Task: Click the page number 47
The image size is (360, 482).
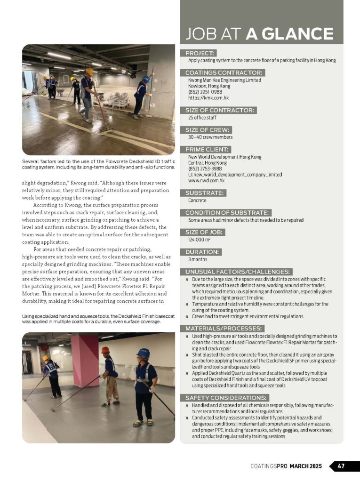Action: point(341,466)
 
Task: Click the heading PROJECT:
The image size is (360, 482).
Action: point(200,53)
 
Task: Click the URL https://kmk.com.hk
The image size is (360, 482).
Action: point(208,98)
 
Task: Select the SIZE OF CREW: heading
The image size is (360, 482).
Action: point(208,130)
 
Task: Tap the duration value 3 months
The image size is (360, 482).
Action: point(198,259)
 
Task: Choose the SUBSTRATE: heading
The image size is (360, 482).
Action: point(205,193)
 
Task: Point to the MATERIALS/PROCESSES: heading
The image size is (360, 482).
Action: point(224,328)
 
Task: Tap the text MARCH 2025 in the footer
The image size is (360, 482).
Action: point(305,466)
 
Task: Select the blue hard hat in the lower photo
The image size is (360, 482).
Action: point(143,353)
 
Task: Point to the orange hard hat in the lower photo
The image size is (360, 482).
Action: point(105,350)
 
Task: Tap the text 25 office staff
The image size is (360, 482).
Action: point(202,118)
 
